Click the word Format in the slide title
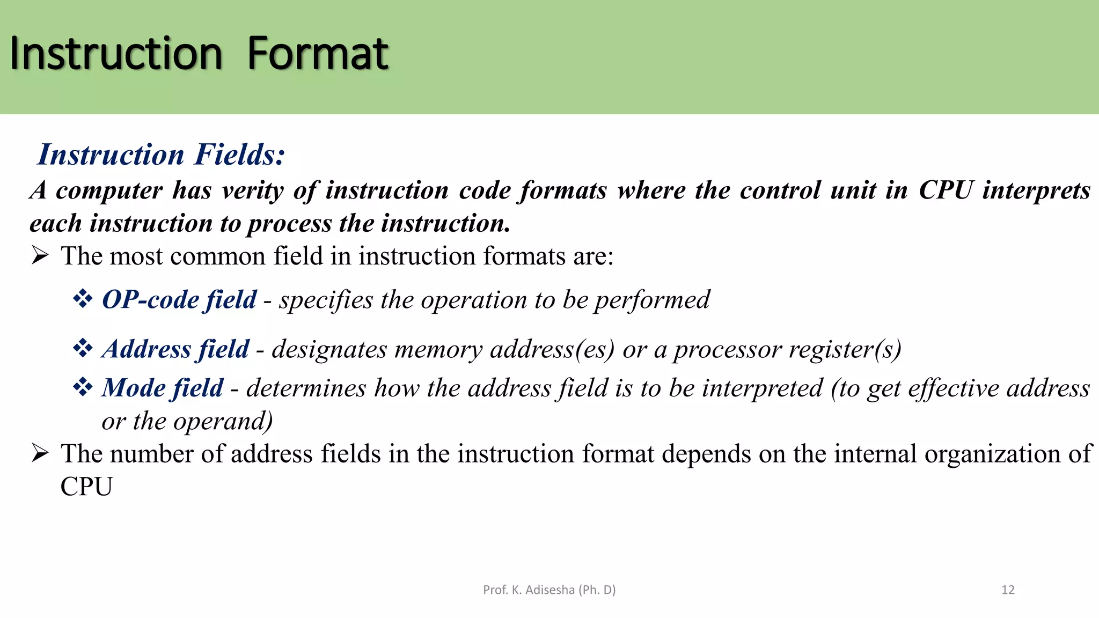[x=318, y=54]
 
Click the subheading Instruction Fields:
[x=161, y=154]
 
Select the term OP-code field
[x=179, y=299]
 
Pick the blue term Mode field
[x=163, y=388]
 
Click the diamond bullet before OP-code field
[x=83, y=298]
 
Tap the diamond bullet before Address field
[x=83, y=348]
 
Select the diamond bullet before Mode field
[x=83, y=387]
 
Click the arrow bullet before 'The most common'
[x=40, y=255]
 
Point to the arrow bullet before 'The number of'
[x=40, y=453]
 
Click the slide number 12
[x=1008, y=590]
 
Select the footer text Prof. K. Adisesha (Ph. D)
[x=549, y=590]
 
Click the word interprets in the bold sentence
[x=1036, y=191]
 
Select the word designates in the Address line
[x=329, y=350]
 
